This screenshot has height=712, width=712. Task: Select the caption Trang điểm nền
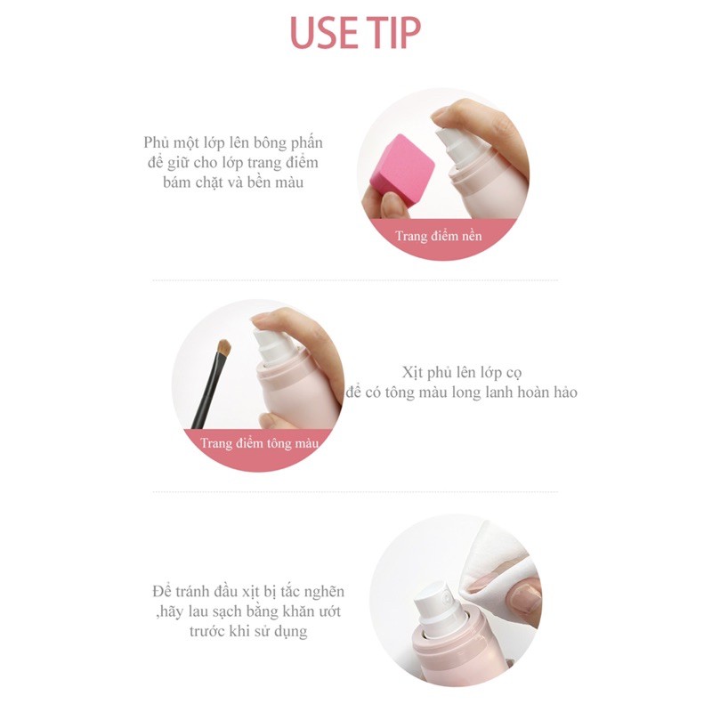(x=440, y=236)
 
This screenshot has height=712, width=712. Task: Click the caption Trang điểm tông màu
(x=257, y=442)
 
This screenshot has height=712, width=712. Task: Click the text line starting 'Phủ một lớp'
(x=233, y=143)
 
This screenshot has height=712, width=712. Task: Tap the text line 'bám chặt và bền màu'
(x=234, y=182)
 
